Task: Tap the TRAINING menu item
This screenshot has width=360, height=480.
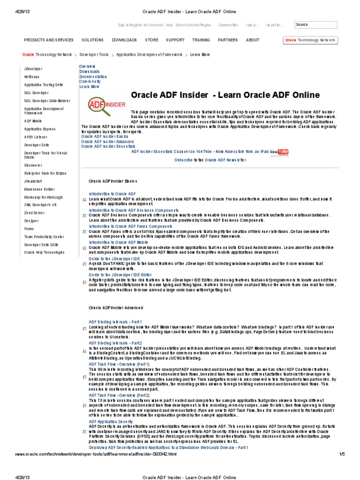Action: (201, 40)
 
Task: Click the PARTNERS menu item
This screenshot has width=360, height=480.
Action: (228, 40)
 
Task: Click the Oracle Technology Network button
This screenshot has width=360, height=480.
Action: (310, 40)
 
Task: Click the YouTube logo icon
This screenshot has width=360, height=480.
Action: (283, 151)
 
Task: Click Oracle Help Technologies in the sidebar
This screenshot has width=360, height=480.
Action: (44, 252)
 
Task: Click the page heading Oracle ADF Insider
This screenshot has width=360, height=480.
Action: (225, 95)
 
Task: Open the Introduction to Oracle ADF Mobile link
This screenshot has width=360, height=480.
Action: (115, 242)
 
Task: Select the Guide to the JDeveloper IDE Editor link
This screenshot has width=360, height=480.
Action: (120, 275)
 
